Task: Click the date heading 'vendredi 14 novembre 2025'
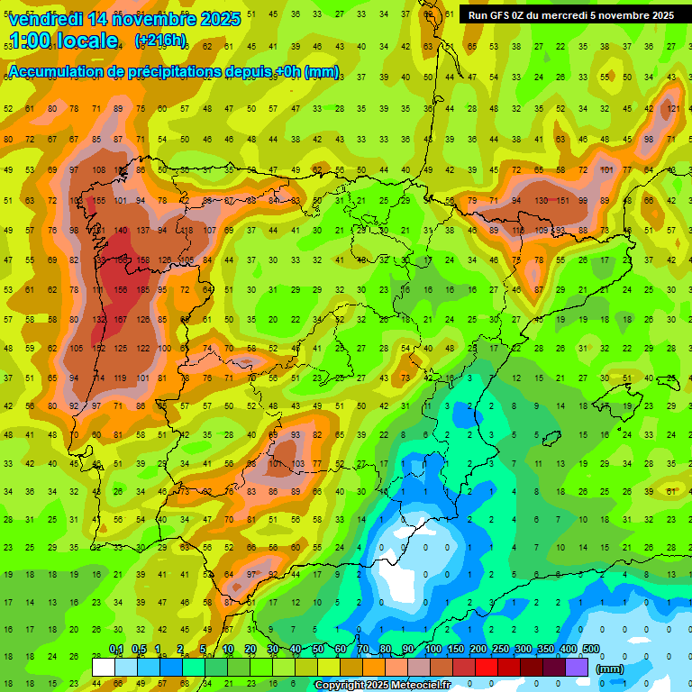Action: coord(124,19)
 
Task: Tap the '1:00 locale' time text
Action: coord(63,41)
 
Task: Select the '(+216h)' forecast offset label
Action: coord(160,41)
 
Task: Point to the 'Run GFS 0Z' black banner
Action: coord(571,15)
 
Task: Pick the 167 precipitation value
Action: coord(120,319)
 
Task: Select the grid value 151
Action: coord(561,200)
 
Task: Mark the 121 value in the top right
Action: coord(671,109)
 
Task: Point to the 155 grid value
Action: coord(98,200)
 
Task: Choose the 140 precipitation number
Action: coord(120,230)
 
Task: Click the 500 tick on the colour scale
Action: coord(591,650)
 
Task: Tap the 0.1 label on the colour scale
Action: coord(115,650)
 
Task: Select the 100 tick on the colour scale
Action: coord(432,650)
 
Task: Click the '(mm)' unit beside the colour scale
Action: coord(609,669)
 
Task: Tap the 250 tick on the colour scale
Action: coord(500,650)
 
